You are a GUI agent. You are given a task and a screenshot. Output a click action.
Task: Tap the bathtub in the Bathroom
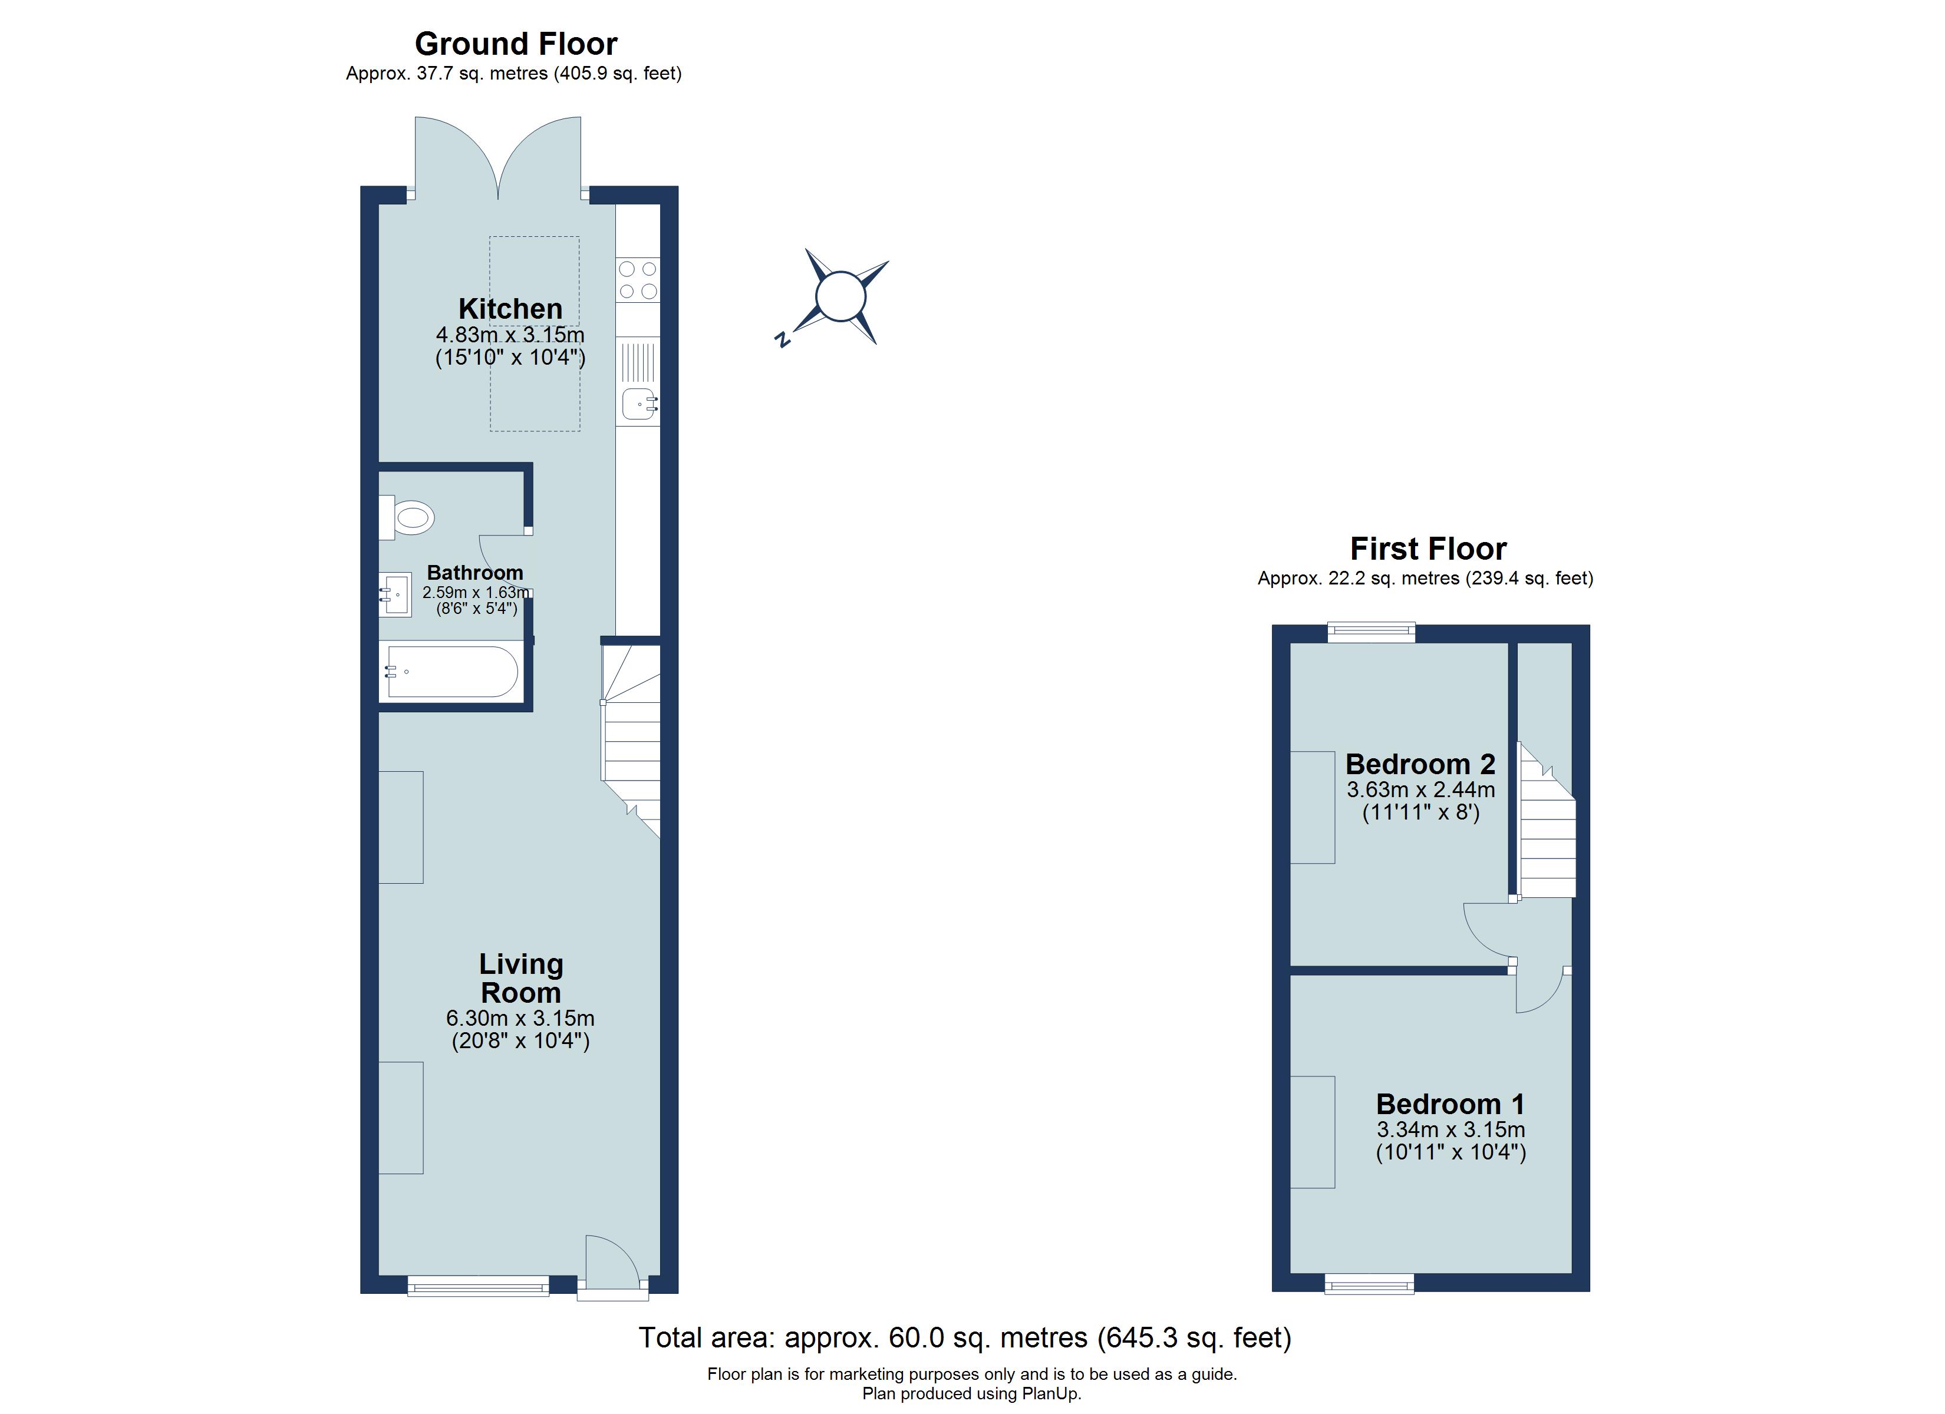coord(452,672)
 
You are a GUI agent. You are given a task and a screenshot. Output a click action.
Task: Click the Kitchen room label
coord(510,309)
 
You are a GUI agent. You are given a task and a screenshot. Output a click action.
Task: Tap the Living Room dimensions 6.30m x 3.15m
coord(520,1018)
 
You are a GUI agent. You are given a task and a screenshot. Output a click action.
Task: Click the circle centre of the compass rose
coord(840,297)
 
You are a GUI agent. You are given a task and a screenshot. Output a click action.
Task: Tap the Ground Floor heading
coord(515,44)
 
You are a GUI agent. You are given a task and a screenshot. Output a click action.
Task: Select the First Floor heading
coord(1428,549)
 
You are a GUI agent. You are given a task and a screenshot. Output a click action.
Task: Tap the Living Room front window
coord(477,1284)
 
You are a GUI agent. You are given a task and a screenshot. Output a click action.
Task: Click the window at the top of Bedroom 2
coord(1370,633)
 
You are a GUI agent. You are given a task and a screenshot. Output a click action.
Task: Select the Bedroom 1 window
coord(1369,1284)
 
